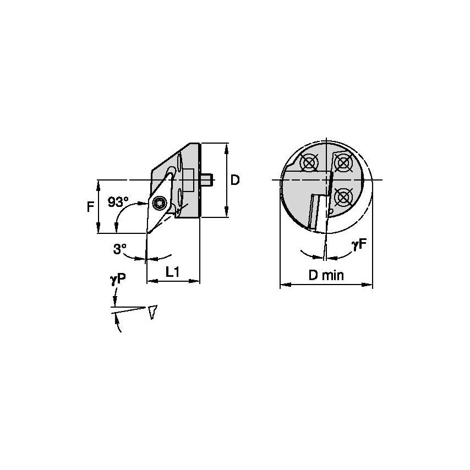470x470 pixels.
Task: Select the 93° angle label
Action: (x=117, y=202)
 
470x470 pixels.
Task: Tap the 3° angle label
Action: (x=119, y=249)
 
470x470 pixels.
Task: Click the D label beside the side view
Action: (x=235, y=180)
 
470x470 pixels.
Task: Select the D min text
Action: (x=326, y=275)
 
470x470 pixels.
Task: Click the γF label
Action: (x=359, y=245)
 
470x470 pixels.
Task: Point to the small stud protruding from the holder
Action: (x=207, y=179)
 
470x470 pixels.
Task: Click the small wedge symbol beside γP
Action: (x=152, y=311)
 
